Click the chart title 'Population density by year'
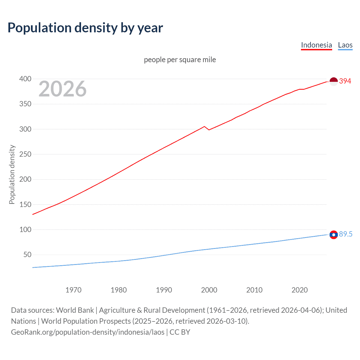click(85, 28)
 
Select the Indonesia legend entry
click(316, 45)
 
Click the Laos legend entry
click(345, 45)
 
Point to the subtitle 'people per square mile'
click(180, 60)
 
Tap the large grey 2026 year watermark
click(62, 89)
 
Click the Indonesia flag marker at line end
click(334, 82)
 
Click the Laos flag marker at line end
click(334, 235)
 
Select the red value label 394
click(345, 81)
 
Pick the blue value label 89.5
click(346, 234)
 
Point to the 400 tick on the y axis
click(25, 79)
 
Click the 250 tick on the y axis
click(25, 154)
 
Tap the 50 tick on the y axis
click(27, 255)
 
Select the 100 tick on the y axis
click(25, 230)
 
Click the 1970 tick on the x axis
click(73, 290)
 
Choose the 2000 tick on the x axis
click(209, 290)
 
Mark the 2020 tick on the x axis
click(300, 290)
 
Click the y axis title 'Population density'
click(12, 174)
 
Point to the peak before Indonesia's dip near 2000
click(204, 127)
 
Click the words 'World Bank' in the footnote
click(75, 310)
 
